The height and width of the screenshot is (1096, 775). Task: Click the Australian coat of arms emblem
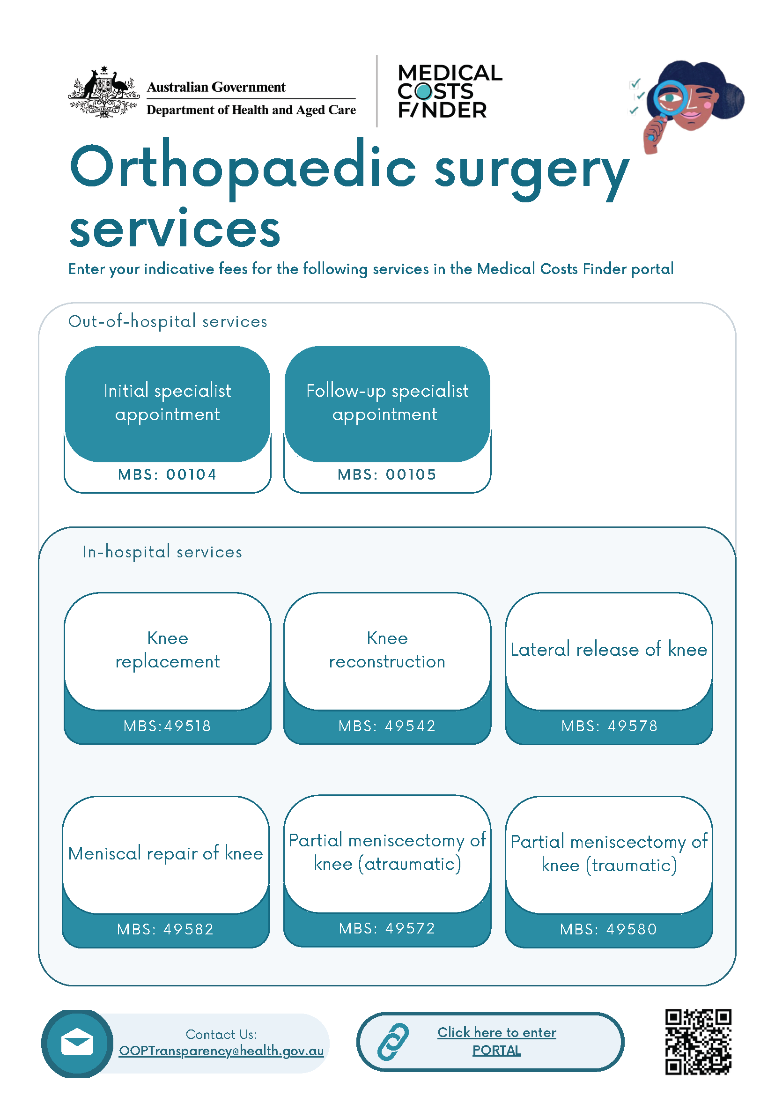pos(104,93)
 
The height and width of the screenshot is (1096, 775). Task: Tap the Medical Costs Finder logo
pos(449,92)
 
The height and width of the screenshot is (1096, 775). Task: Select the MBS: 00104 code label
pos(168,474)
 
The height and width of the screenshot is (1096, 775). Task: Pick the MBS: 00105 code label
pos(387,474)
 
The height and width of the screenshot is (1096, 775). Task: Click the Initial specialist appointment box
pos(168,403)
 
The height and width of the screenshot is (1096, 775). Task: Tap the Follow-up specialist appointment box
pos(387,403)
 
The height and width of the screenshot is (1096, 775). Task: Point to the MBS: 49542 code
pos(387,726)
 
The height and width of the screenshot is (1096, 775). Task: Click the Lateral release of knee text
pos(608,650)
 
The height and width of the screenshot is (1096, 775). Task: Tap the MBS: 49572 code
pos(387,928)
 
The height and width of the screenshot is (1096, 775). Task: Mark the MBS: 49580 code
pos(608,929)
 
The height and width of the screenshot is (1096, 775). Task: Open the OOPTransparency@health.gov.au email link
pos(221,1051)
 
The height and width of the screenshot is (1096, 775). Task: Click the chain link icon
pos(393,1042)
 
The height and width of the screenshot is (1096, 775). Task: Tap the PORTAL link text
pos(496,1051)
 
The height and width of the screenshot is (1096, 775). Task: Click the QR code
pos(698,1042)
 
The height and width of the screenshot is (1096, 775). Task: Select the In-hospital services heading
pos(162,552)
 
